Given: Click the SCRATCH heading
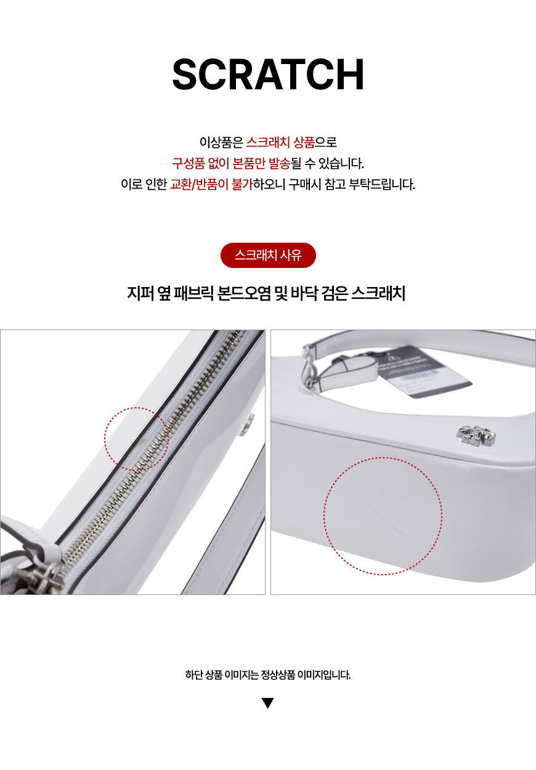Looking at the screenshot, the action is click(x=268, y=74).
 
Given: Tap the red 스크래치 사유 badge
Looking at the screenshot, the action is click(x=268, y=256).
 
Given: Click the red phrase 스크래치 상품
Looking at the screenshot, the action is click(x=280, y=142).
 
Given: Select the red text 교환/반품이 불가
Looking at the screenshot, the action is click(x=211, y=184).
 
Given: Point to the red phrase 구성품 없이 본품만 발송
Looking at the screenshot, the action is click(x=231, y=163).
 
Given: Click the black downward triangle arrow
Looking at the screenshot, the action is click(x=268, y=703).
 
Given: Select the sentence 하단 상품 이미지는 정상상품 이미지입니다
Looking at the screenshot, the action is click(x=268, y=675).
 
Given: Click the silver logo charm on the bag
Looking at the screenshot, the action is click(x=476, y=435).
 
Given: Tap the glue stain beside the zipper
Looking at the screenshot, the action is click(x=141, y=442).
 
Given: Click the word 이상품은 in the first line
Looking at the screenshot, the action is click(x=221, y=142).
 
